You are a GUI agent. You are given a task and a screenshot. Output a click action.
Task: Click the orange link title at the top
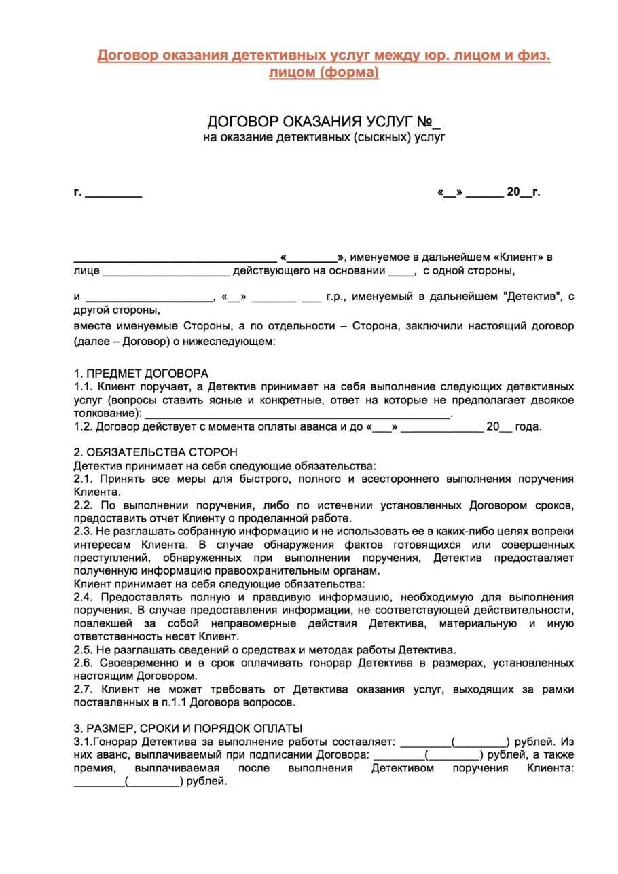[323, 63]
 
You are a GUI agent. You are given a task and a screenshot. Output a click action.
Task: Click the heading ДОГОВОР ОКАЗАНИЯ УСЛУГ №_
[323, 122]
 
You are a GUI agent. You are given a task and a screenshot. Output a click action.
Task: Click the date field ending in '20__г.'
[489, 192]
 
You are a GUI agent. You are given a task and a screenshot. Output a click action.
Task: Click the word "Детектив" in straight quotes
[528, 297]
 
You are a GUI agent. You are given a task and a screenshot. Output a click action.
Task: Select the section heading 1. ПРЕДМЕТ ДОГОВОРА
[141, 374]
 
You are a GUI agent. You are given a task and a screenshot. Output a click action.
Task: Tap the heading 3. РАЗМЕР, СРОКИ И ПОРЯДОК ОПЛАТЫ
[187, 728]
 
